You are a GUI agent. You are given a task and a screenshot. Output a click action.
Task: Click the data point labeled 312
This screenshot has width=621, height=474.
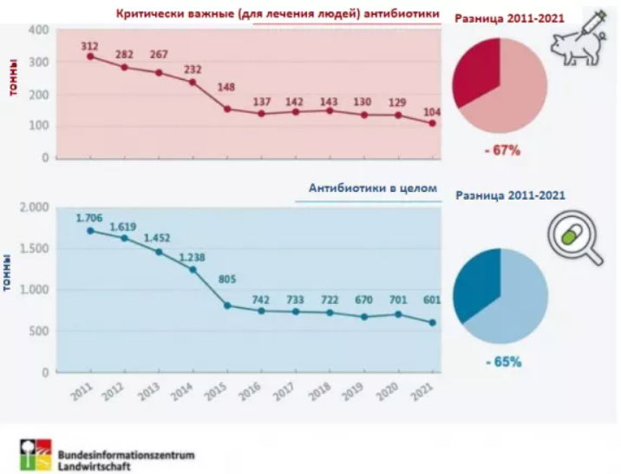pos(90,56)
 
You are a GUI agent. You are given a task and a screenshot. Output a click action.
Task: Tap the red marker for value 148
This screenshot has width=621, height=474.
pos(226,109)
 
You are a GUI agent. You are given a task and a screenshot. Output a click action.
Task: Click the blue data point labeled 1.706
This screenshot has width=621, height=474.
pos(90,231)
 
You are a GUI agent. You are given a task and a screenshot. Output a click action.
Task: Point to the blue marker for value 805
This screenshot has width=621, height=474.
pos(226,306)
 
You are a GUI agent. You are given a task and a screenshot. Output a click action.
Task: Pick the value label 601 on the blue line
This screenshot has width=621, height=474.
pos(431,300)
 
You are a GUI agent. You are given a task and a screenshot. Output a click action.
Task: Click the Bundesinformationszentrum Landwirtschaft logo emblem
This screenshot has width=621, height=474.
pos(36,454)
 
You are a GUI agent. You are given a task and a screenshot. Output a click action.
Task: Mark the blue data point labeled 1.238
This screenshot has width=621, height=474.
pos(193,270)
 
